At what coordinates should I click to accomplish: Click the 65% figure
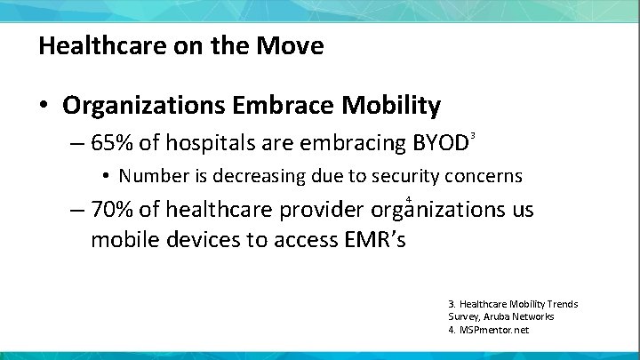114,142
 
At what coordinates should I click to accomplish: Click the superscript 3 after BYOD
474,135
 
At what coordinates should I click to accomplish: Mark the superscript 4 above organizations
407,199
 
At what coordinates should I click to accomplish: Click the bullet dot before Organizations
43,107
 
